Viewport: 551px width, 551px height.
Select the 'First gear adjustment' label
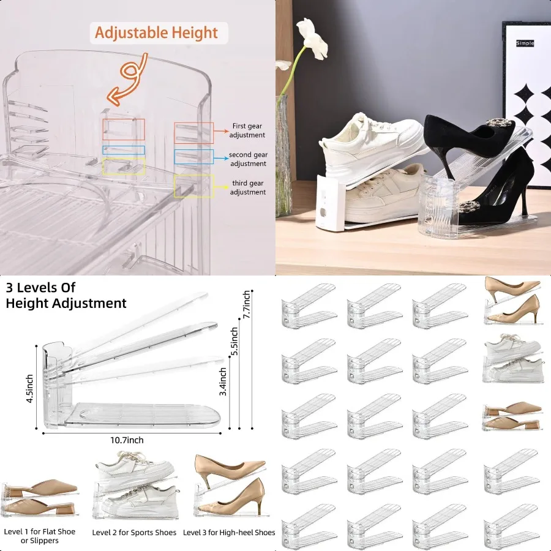[247, 130]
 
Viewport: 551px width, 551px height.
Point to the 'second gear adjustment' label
[248, 159]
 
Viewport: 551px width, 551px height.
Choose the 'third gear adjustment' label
[248, 188]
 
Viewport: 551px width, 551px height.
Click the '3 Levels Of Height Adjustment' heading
[66, 295]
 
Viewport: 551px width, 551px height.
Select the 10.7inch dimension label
[127, 440]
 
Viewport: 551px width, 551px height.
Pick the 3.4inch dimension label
[224, 381]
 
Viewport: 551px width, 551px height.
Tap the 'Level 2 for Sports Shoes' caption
[134, 533]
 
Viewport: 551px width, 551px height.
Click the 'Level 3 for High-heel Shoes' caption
[229, 533]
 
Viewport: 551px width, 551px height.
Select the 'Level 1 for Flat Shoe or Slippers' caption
[40, 536]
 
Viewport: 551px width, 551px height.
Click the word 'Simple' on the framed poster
[525, 43]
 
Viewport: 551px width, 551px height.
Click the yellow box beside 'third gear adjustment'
[194, 186]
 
